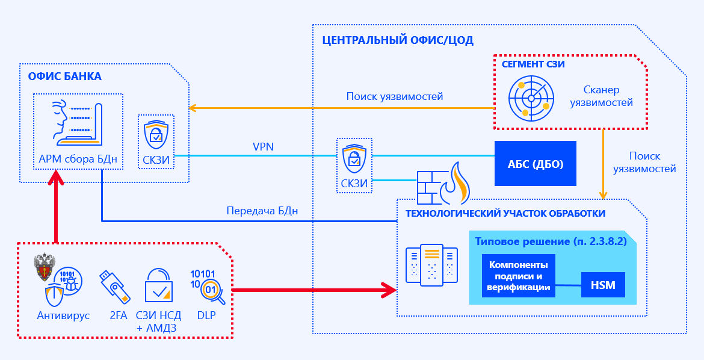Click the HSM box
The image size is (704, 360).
click(x=603, y=285)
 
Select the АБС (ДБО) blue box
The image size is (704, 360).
click(x=535, y=163)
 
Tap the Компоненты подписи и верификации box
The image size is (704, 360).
click(x=519, y=276)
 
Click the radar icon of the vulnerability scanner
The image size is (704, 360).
click(x=530, y=97)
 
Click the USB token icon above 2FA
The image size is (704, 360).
click(x=115, y=287)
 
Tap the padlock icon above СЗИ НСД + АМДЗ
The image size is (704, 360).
click(x=158, y=285)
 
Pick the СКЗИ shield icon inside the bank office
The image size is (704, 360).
click(x=156, y=135)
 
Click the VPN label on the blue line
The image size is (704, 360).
click(x=263, y=146)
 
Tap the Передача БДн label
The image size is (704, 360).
click(x=262, y=211)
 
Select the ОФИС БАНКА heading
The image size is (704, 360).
click(x=64, y=76)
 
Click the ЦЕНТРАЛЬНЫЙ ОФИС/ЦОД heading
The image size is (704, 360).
click(x=398, y=40)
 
